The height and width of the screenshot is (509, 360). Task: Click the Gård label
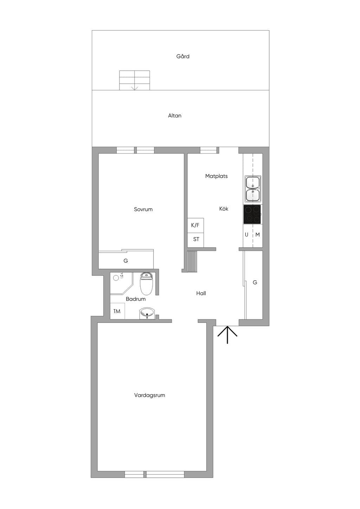182,56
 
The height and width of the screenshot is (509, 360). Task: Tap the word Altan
175,116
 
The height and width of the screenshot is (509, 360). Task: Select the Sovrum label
143,209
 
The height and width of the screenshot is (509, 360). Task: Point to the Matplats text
216,176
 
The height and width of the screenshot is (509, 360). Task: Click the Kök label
224,209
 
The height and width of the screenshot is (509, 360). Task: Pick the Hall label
201,293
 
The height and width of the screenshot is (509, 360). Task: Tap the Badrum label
136,299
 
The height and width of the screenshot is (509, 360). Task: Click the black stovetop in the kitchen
252,214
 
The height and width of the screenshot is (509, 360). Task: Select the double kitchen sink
253,189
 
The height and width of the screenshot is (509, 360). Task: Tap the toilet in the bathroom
146,284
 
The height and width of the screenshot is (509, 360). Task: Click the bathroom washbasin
147,313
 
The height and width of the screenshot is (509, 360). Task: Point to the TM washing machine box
117,311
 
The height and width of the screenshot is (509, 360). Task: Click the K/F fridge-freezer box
195,226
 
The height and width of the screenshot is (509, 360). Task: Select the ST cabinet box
195,240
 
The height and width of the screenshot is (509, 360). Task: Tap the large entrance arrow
227,334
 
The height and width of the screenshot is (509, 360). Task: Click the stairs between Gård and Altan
135,80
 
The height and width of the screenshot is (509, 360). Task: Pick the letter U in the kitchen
246,235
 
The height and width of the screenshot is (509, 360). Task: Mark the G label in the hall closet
255,282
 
